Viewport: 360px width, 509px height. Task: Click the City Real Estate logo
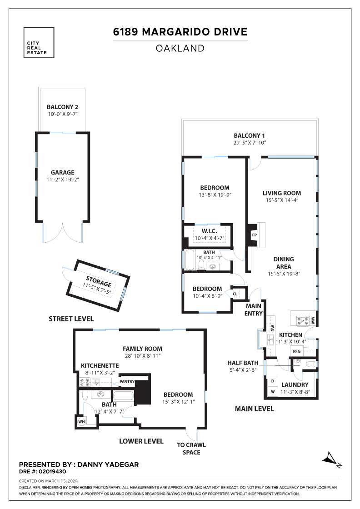click(x=38, y=43)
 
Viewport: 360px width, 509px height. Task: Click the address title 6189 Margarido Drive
click(x=180, y=32)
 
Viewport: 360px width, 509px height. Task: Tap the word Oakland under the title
click(x=180, y=48)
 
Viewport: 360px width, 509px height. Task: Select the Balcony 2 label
click(x=63, y=107)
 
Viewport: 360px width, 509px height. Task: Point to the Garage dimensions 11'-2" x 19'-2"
click(x=63, y=180)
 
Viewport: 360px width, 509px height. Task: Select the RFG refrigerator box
click(x=297, y=351)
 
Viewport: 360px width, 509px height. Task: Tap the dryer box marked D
click(x=273, y=381)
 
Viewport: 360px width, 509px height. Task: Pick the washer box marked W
click(x=273, y=391)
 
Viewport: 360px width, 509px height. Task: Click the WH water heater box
click(x=82, y=422)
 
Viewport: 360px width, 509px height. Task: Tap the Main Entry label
click(x=253, y=310)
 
